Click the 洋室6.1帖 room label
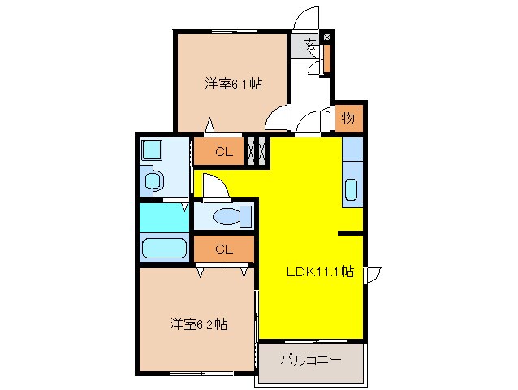pyautogui.click(x=233, y=84)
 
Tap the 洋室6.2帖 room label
pyautogui.click(x=199, y=323)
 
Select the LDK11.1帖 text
pyautogui.click(x=319, y=272)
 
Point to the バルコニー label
pyautogui.click(x=311, y=360)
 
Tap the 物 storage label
pyautogui.click(x=347, y=119)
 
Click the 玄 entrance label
pyautogui.click(x=309, y=45)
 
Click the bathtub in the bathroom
pyautogui.click(x=165, y=248)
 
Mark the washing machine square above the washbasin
pyautogui.click(x=152, y=150)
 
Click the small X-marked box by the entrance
pyautogui.click(x=327, y=37)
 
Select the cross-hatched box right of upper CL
pyautogui.click(x=257, y=151)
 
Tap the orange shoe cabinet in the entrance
pyautogui.click(x=327, y=58)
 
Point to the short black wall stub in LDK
pyautogui.click(x=350, y=234)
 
